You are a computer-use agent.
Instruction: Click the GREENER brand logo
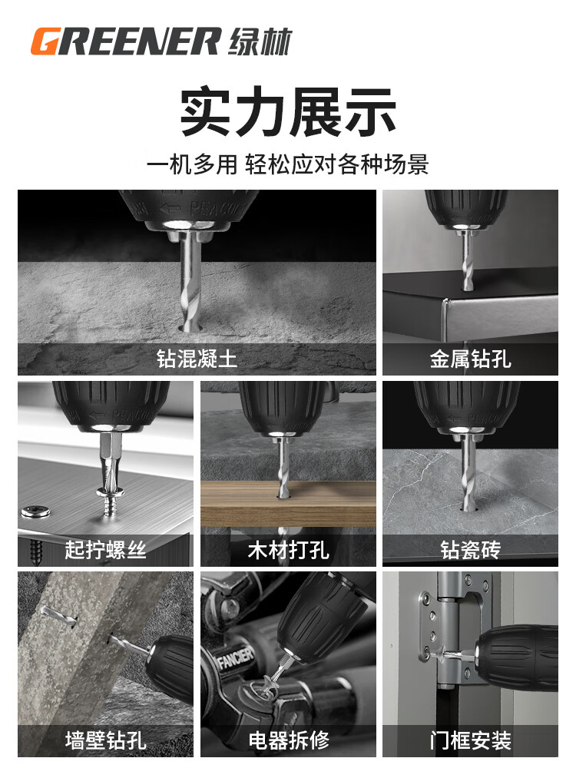pos(125,41)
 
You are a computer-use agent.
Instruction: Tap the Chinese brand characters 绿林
pos(260,41)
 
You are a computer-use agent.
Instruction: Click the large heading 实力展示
pos(288,111)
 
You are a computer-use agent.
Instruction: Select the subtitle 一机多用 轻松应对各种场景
pos(288,164)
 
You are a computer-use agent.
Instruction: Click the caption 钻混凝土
pos(197,359)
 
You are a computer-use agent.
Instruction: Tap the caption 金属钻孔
pos(470,359)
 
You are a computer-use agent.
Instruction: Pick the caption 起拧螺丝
pos(105,550)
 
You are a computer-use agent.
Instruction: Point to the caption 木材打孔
pos(288,550)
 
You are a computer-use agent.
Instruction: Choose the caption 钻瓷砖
pos(470,550)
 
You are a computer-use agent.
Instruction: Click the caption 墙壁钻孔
pos(105,740)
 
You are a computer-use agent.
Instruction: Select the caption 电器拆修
pos(288,740)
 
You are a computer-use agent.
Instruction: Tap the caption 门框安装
pos(470,740)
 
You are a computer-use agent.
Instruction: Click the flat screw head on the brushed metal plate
pos(36,512)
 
